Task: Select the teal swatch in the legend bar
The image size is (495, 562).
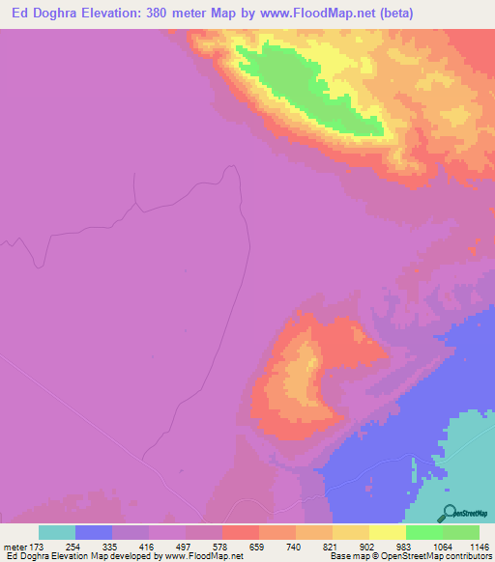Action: click(57, 532)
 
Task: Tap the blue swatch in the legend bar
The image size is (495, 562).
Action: click(94, 532)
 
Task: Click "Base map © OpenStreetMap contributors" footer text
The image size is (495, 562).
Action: click(410, 557)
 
